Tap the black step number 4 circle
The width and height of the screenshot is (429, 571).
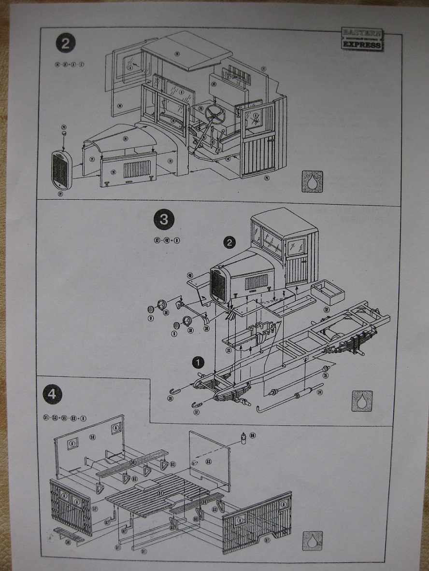click(x=52, y=394)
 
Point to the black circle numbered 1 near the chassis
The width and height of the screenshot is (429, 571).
click(x=197, y=362)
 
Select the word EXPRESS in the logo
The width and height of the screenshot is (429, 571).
click(x=362, y=45)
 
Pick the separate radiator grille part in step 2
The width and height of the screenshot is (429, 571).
click(x=61, y=171)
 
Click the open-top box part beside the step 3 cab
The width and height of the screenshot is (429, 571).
click(x=327, y=292)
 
